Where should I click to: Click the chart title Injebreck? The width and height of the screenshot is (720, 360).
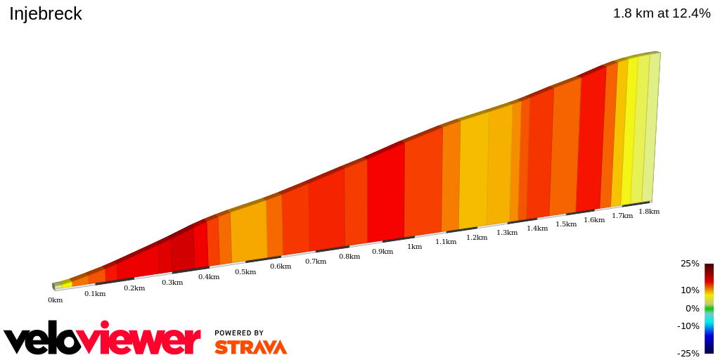[46, 13]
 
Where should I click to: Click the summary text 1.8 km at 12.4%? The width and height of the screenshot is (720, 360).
[661, 13]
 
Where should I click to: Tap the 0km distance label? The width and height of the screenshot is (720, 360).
[55, 300]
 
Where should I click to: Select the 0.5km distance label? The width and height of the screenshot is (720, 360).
[245, 272]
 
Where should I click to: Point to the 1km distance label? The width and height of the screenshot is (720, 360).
[415, 247]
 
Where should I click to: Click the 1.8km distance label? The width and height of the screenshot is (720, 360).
[649, 212]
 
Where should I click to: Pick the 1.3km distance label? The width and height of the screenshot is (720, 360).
[507, 233]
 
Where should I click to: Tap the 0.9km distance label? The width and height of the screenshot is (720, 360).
[382, 252]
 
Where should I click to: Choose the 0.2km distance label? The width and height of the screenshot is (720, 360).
[134, 288]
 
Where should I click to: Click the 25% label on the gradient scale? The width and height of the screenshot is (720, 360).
[690, 264]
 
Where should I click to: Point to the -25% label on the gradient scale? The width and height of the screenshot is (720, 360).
[688, 354]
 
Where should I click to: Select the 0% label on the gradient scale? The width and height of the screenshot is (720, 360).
[693, 309]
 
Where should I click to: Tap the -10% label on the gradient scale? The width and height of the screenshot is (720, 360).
[688, 326]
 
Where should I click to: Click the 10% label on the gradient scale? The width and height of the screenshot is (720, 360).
[690, 290]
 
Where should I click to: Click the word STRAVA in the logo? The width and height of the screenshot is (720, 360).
[250, 347]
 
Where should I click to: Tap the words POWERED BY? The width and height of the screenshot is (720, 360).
[239, 333]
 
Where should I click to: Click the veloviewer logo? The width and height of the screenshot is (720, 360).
[102, 340]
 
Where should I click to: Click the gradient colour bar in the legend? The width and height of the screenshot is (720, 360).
[709, 308]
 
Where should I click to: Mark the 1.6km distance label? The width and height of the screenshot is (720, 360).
[594, 220]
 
